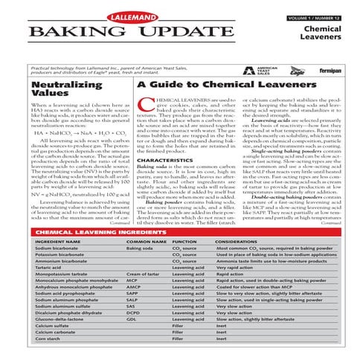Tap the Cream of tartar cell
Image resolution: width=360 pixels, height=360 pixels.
point(146,274)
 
